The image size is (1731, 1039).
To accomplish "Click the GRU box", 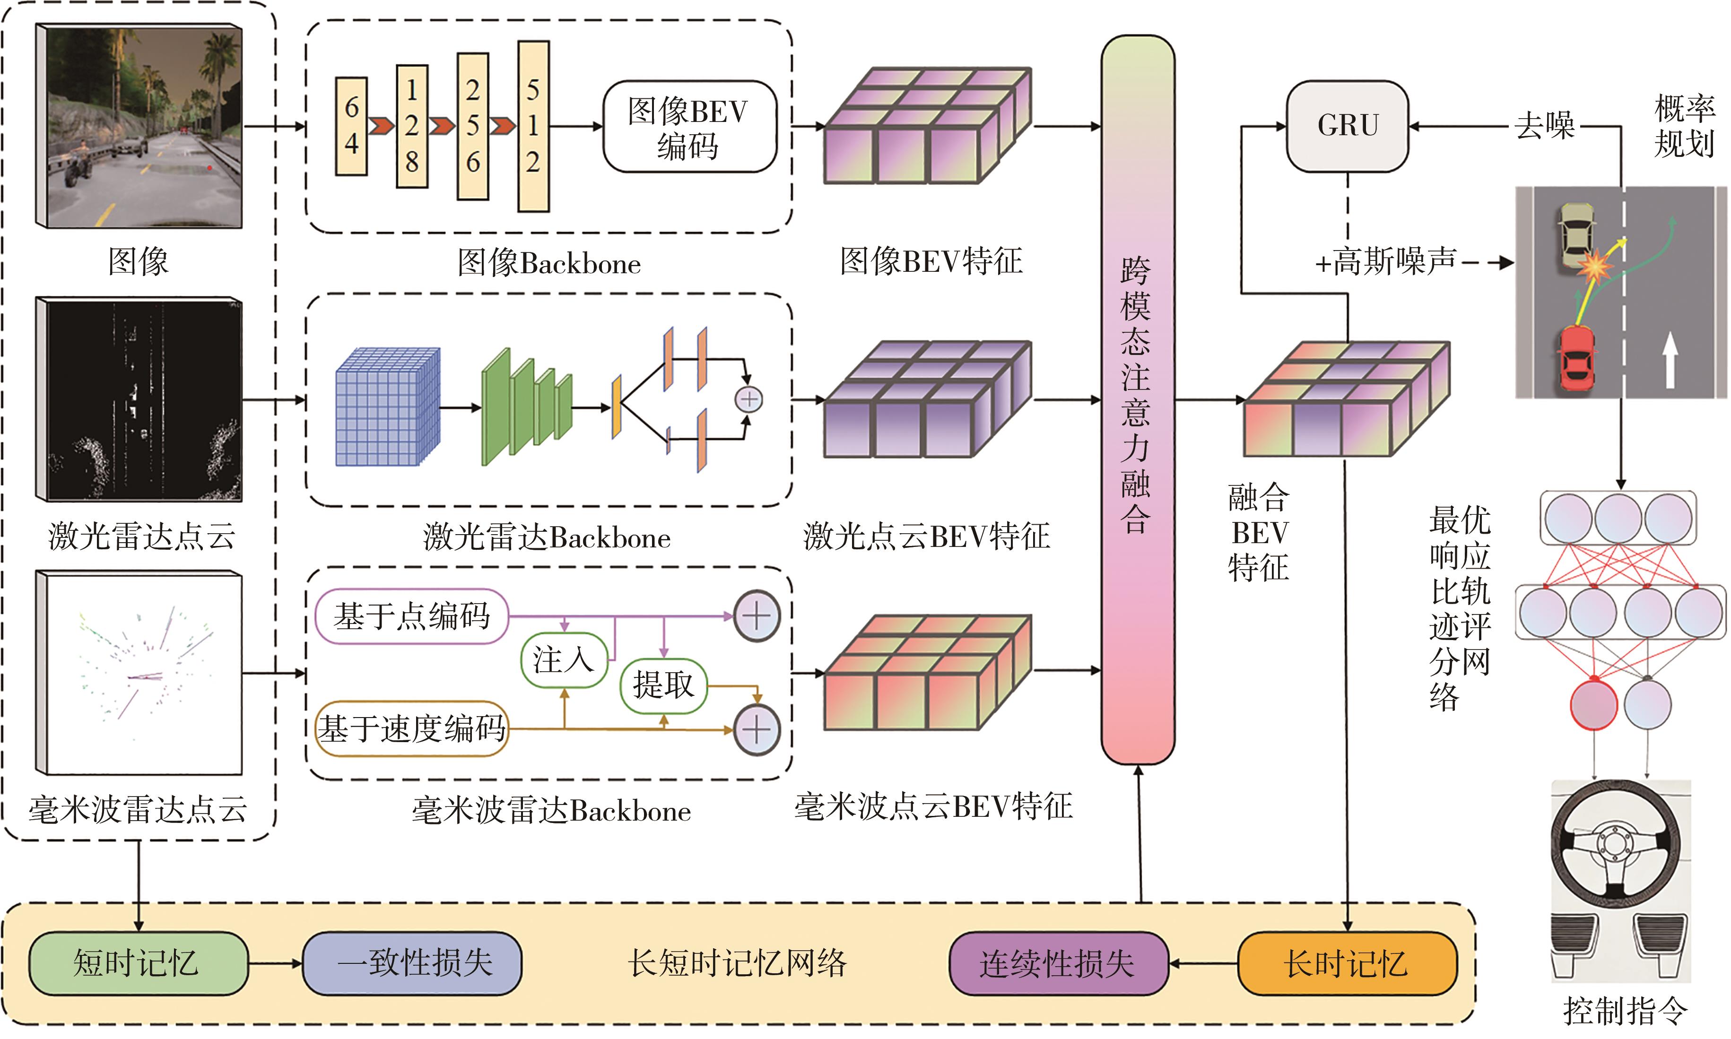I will click(x=1347, y=126).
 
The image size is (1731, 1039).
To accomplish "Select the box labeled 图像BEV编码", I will click(x=689, y=127).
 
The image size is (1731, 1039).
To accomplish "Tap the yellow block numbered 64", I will click(x=351, y=126).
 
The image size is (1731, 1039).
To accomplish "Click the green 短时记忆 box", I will click(x=138, y=963).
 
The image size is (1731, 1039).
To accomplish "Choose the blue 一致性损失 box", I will click(x=412, y=963).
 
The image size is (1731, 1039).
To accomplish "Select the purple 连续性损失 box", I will click(x=1057, y=963).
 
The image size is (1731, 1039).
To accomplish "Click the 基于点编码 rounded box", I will click(x=412, y=616).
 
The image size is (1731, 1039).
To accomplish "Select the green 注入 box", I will click(x=564, y=659).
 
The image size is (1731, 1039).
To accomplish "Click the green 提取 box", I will click(x=663, y=685).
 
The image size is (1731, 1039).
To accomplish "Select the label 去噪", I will click(x=1544, y=126).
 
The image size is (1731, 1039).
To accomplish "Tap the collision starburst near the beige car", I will click(x=1594, y=266).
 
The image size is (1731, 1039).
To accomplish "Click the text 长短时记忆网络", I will click(x=737, y=963).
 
